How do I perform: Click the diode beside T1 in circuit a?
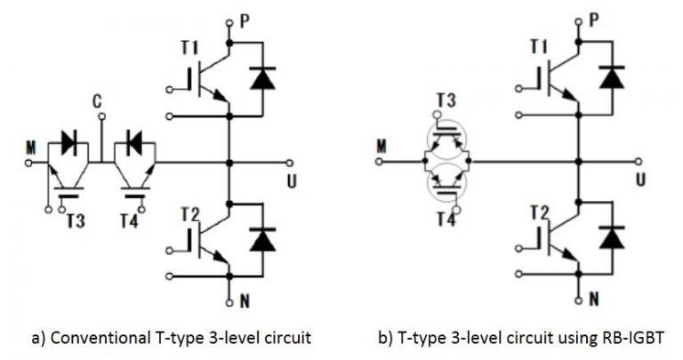(261, 79)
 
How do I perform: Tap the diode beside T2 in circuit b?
(610, 238)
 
